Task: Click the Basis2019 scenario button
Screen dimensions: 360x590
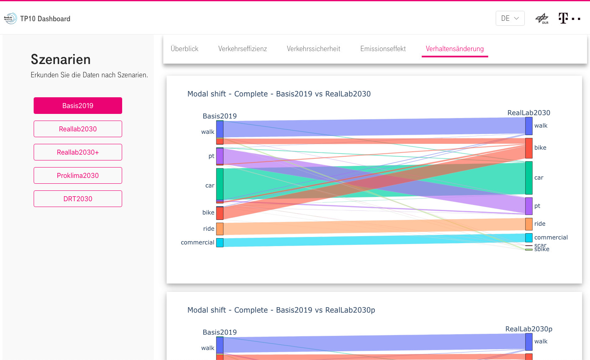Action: pos(78,106)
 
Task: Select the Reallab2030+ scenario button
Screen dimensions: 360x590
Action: pos(78,152)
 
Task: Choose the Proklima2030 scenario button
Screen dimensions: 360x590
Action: pos(78,175)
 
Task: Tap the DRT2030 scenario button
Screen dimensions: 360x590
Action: pos(78,199)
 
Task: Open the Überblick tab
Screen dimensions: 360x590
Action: pos(184,49)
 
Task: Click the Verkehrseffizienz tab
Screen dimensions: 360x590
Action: pos(243,49)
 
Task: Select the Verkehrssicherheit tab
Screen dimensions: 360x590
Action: pos(313,49)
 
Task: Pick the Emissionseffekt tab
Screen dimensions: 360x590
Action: pos(383,49)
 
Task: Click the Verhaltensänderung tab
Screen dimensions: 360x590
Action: pos(455,49)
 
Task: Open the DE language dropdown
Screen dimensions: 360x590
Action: pos(510,18)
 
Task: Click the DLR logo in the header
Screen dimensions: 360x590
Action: pos(542,18)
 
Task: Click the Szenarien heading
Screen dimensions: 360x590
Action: pos(61,59)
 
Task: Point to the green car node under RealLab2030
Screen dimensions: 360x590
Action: pos(529,178)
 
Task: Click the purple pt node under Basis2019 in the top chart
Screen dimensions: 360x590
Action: pos(220,156)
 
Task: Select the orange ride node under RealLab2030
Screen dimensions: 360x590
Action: pos(529,224)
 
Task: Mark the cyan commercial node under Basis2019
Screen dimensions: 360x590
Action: pos(220,242)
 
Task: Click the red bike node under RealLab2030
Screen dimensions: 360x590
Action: pos(529,148)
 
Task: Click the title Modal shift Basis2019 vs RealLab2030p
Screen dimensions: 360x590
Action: pos(281,310)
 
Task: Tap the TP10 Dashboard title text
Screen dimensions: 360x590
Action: pos(45,19)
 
